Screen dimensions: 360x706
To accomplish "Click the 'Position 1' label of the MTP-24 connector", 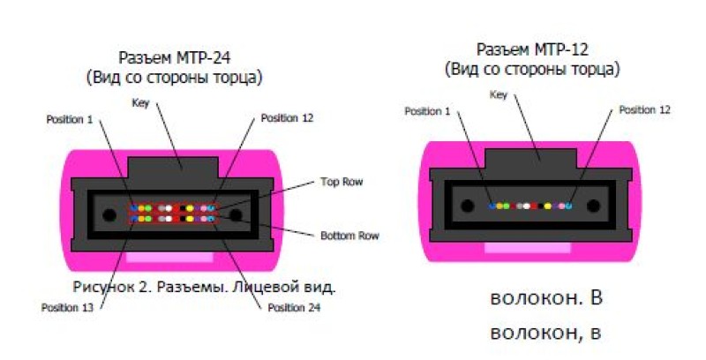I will [x=69, y=118].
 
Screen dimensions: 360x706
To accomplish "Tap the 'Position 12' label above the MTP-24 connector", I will [x=287, y=118].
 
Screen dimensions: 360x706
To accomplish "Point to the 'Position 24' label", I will [x=293, y=308].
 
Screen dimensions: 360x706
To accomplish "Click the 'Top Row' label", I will [x=341, y=183].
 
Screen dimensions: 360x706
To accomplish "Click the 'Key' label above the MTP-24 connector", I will [x=140, y=103].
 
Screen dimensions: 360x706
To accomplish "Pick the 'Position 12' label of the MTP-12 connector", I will [x=644, y=110].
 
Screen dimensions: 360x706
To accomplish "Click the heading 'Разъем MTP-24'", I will [x=175, y=59].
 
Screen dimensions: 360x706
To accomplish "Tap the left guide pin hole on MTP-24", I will [x=109, y=214].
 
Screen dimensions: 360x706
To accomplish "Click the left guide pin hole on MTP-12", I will [x=466, y=206].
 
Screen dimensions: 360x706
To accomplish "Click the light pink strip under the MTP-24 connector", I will [x=171, y=257].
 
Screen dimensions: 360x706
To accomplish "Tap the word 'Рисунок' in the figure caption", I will [x=100, y=287].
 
